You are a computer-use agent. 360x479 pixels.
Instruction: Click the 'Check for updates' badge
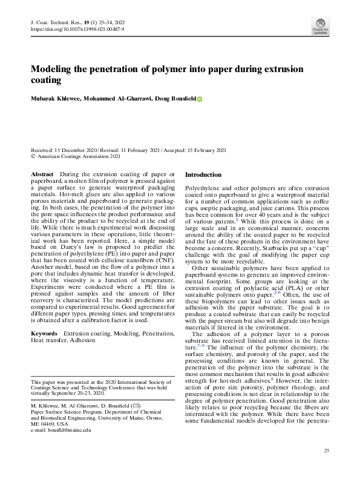point(320,26)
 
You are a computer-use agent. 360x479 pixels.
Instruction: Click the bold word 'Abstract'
point(42,174)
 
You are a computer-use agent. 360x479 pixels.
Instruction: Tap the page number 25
point(326,451)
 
